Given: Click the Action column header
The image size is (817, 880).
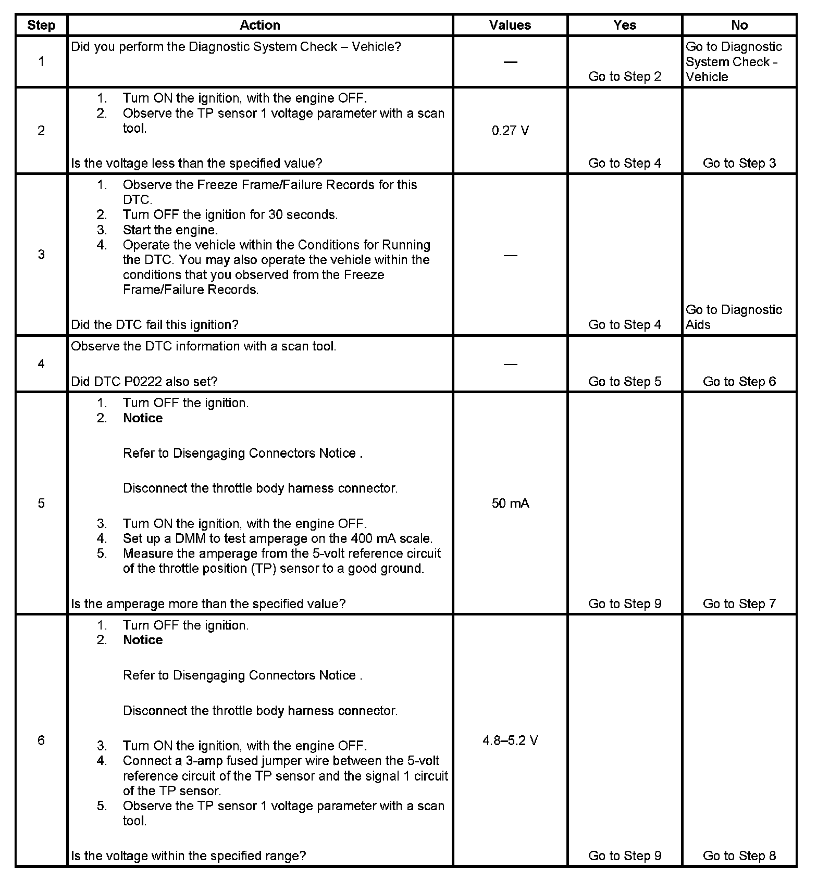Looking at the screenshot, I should click(259, 25).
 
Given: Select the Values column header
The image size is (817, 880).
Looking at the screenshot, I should click(510, 25).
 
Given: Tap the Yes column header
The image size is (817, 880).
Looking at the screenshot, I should click(624, 25).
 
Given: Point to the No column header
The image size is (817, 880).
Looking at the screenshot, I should click(739, 25).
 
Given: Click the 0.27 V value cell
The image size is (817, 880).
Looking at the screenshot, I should click(510, 130).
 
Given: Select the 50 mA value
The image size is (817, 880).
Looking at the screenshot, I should click(510, 503).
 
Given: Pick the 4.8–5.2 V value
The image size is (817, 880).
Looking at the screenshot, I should click(510, 740).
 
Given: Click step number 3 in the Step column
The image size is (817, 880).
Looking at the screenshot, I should click(41, 255).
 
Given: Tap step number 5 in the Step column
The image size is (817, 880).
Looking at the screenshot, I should click(41, 503).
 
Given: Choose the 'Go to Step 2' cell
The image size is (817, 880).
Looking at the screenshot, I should click(624, 77).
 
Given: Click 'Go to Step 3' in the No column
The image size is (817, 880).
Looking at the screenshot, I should click(739, 163).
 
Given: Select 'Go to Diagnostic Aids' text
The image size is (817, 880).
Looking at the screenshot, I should click(734, 317).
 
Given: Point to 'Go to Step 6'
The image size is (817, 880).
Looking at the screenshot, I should click(739, 381).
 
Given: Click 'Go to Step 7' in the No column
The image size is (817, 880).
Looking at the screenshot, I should click(739, 604).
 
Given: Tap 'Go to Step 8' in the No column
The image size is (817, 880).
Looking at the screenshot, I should click(739, 856).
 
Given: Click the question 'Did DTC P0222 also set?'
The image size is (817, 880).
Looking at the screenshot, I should click(144, 381).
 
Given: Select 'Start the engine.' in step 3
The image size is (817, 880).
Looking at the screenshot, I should click(170, 230).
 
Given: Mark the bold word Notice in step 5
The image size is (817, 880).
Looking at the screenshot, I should click(143, 418).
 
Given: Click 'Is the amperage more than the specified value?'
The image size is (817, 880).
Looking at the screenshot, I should click(208, 604).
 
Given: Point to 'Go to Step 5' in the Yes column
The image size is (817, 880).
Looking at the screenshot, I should click(624, 381).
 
